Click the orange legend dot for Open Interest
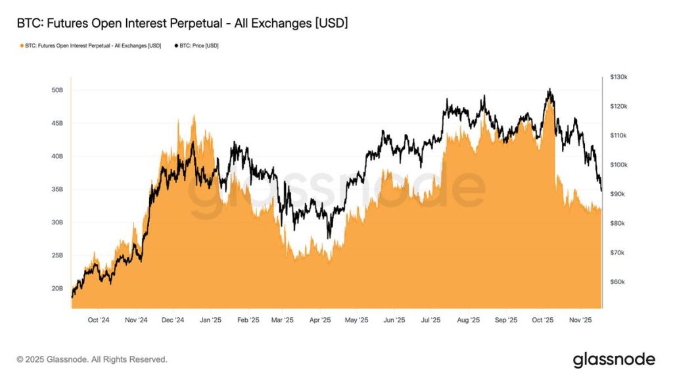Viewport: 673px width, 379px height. coord(22,46)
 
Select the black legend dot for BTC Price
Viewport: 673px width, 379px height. coord(175,46)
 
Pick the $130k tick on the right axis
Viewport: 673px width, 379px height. coord(618,77)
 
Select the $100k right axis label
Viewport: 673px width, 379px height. coord(618,165)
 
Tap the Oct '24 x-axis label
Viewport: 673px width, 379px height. coord(98,320)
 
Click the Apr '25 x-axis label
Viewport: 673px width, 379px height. coord(320,320)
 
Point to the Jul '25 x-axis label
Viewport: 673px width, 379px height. coord(430,320)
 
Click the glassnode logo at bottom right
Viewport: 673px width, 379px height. coord(614,359)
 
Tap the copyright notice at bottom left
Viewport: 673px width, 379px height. coord(92,360)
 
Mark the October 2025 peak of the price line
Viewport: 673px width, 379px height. coord(549,89)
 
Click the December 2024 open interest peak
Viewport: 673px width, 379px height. coord(194,116)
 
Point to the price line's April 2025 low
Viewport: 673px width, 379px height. coord(329,238)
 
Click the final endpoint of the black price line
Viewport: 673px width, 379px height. coord(601,191)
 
